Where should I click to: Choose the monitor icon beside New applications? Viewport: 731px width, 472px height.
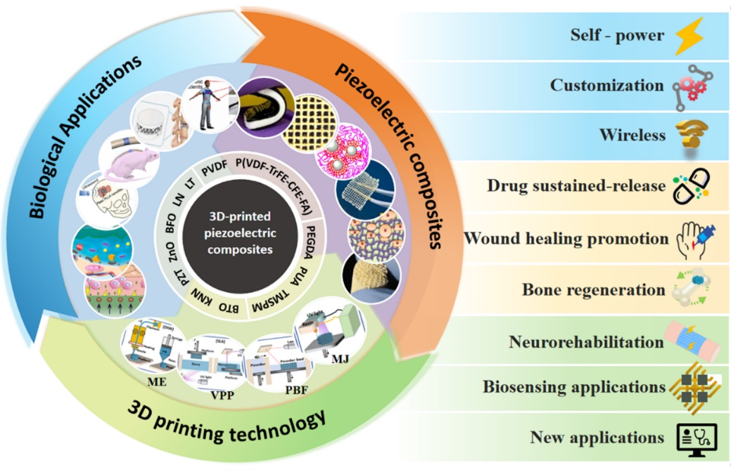(692, 438)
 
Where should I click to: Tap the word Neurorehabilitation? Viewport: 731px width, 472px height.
(586, 342)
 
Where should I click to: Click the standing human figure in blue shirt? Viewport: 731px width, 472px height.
(205, 105)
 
